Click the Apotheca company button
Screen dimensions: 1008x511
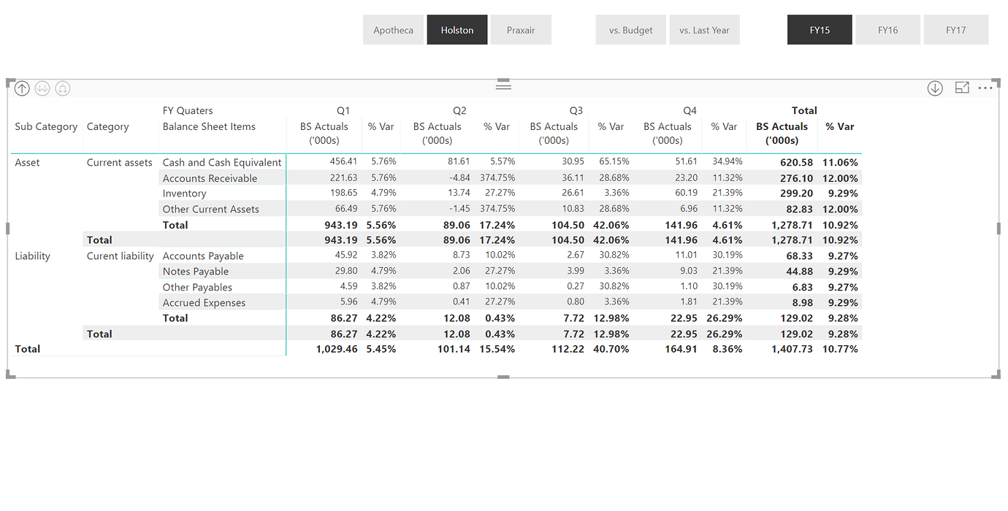393,30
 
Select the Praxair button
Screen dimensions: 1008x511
521,30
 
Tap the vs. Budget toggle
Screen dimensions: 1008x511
630,30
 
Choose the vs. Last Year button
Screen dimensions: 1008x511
704,30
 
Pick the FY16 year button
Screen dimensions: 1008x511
887,30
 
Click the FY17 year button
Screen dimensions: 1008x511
956,30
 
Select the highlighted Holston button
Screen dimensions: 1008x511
457,30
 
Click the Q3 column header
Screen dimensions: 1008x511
576,111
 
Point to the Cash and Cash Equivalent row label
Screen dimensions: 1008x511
222,162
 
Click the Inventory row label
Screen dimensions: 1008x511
185,193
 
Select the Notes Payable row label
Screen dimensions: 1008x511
196,272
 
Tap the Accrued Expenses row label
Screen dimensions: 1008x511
204,303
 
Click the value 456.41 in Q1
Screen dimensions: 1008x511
343,161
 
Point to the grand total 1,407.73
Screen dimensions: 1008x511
792,349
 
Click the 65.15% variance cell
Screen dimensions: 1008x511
614,161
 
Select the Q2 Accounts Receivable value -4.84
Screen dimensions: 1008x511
459,177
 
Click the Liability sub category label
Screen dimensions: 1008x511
32,256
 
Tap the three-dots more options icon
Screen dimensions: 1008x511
985,88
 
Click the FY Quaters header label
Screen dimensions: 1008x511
188,111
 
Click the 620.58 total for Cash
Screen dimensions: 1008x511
796,162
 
